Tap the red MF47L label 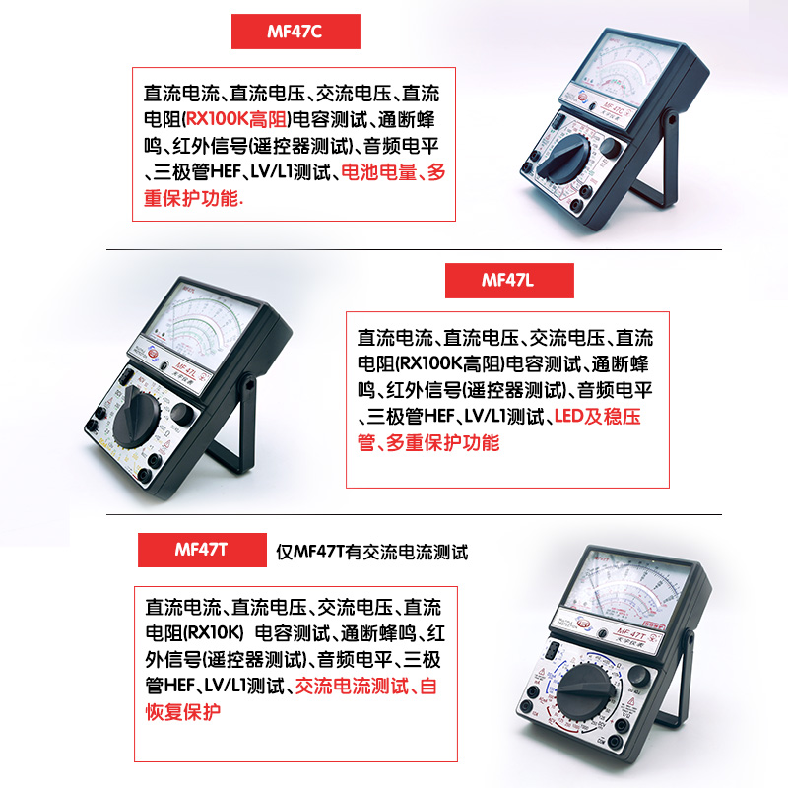(508, 281)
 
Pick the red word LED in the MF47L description (569, 417)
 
